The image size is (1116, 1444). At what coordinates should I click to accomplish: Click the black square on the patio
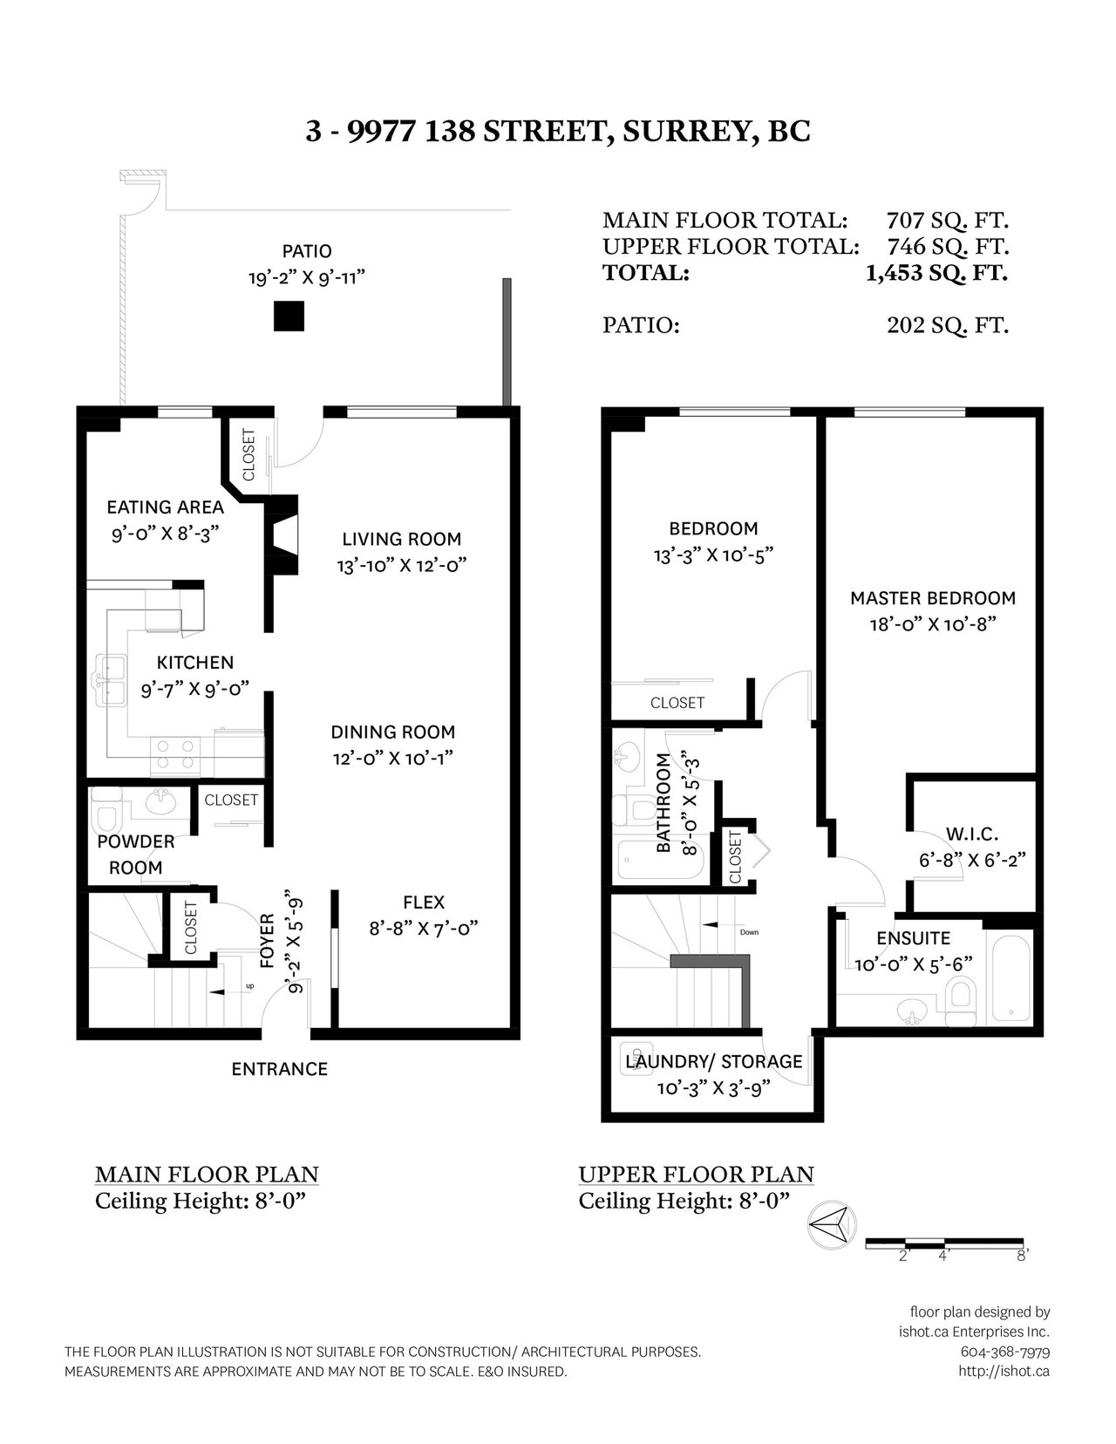(x=289, y=316)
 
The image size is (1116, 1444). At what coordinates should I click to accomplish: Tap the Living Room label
(x=401, y=539)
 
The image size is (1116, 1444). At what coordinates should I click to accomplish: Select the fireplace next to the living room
(x=282, y=535)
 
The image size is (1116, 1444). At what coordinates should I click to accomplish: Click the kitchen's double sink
(x=111, y=680)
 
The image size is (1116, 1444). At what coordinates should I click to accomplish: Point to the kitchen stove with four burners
(x=175, y=755)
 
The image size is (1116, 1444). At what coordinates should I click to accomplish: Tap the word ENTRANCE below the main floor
(x=280, y=1069)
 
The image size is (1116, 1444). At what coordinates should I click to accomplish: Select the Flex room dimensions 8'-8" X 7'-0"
(x=424, y=929)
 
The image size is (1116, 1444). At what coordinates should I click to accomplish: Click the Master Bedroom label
(x=933, y=598)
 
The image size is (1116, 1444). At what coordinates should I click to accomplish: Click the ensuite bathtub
(x=1011, y=976)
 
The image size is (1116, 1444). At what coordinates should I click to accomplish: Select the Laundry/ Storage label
(x=714, y=1062)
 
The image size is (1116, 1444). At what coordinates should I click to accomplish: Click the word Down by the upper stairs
(x=749, y=932)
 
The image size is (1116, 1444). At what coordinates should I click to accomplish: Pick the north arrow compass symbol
(x=832, y=1223)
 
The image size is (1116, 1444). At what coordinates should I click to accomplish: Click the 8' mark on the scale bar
(x=1022, y=1256)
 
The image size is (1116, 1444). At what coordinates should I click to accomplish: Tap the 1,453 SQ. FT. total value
(x=936, y=273)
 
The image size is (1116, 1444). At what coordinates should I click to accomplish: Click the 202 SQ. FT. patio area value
(x=947, y=325)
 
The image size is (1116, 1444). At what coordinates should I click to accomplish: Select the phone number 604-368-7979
(x=1005, y=1352)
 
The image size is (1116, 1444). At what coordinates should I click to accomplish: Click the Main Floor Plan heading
(x=207, y=1175)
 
